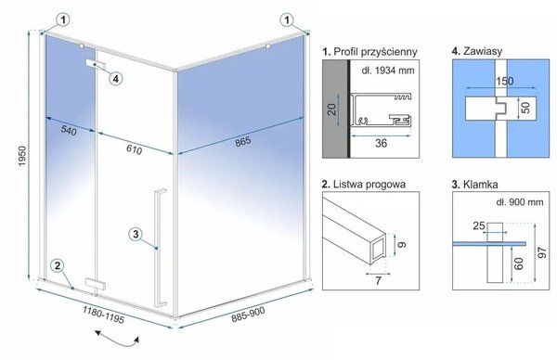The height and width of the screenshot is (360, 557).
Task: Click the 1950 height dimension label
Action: pos(22,156)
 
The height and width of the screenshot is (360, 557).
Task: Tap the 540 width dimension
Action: pos(69,130)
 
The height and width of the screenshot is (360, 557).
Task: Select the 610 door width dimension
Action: pos(135,149)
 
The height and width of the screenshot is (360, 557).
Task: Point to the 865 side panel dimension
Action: pos(243,141)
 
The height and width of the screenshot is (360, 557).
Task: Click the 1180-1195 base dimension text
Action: pos(104,315)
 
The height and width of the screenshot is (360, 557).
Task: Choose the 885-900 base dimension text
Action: pos(248,315)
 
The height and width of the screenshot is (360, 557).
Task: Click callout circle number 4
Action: pos(116,79)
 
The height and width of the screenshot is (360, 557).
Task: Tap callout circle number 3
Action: pos(136,235)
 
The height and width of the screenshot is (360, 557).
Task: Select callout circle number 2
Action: pos(58,265)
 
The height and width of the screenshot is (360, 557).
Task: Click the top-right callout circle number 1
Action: pos(287,19)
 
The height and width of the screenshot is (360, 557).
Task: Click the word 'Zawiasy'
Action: pos(483,51)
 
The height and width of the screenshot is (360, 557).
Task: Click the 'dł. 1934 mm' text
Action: pos(388,71)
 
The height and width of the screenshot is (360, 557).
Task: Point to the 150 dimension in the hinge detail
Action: pos(504,82)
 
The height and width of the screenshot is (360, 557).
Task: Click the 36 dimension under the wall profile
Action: pos(381,143)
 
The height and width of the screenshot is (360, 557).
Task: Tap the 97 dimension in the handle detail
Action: pos(542,252)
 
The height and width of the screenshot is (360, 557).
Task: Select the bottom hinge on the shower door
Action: pos(96,284)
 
